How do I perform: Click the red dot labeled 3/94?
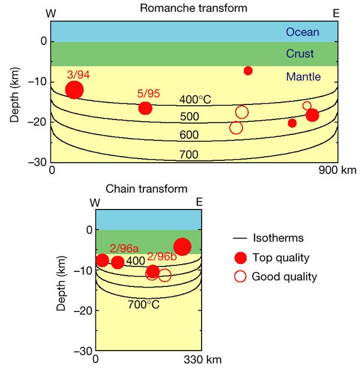click(x=74, y=90)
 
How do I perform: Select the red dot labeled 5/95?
click(x=145, y=108)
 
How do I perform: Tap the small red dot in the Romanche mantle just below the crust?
click(x=248, y=71)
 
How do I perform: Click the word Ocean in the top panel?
click(x=302, y=32)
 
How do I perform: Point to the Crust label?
click(x=300, y=53)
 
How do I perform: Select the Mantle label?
click(x=303, y=77)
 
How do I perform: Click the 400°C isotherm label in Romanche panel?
click(x=195, y=100)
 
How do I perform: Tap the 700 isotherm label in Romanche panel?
click(x=189, y=154)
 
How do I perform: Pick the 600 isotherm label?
click(x=189, y=135)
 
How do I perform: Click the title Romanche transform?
click(x=193, y=8)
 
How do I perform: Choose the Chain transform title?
click(x=146, y=189)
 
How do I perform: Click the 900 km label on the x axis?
click(x=338, y=170)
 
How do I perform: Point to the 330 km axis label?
click(x=203, y=360)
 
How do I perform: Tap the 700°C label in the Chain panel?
click(x=143, y=304)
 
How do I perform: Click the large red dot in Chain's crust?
click(x=182, y=246)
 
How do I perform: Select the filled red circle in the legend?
click(x=241, y=258)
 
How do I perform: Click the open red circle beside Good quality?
click(x=241, y=276)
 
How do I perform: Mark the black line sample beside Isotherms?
click(x=239, y=238)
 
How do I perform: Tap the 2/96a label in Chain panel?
click(x=124, y=249)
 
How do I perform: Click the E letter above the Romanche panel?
click(x=336, y=13)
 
